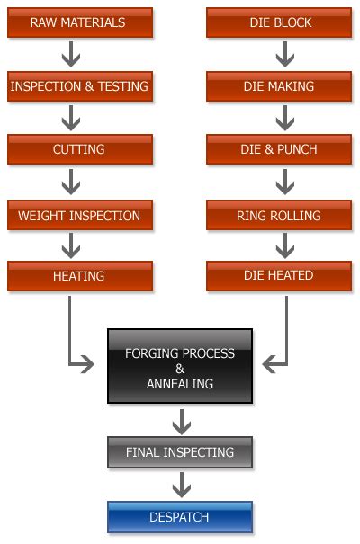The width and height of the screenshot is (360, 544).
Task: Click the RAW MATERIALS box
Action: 79,22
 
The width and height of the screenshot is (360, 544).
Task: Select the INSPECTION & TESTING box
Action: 79,87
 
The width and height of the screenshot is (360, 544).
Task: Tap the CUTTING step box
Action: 79,150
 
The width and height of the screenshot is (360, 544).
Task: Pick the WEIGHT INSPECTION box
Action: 79,216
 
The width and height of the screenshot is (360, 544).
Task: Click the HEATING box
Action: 79,277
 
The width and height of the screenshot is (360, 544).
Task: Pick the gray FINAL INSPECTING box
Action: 180,452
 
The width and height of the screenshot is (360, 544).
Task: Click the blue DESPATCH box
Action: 180,518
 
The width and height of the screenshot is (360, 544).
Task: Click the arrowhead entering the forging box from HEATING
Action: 88,363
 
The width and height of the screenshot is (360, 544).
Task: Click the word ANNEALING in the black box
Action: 180,384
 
